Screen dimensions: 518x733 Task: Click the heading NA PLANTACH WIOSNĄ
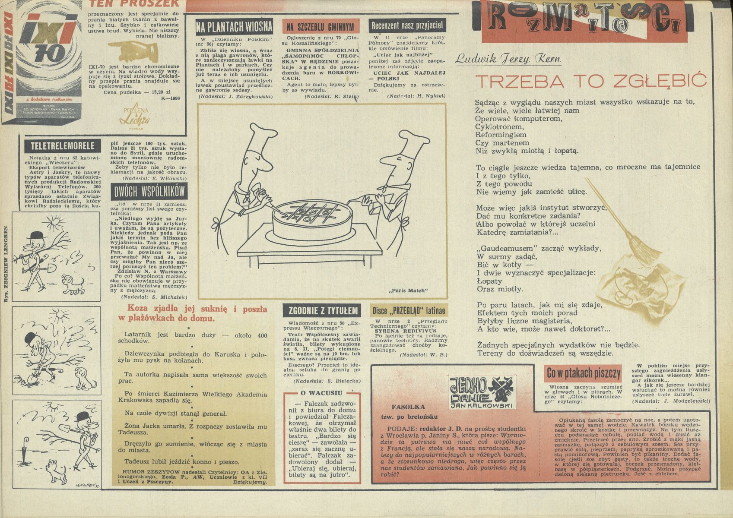point(234,26)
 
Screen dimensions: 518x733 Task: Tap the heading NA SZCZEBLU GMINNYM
point(320,27)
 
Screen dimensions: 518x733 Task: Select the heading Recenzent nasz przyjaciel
point(407,26)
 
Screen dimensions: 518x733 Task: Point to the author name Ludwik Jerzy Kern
point(508,59)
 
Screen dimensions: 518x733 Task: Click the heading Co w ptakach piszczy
point(583,373)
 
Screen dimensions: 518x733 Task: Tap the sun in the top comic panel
point(54,223)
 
